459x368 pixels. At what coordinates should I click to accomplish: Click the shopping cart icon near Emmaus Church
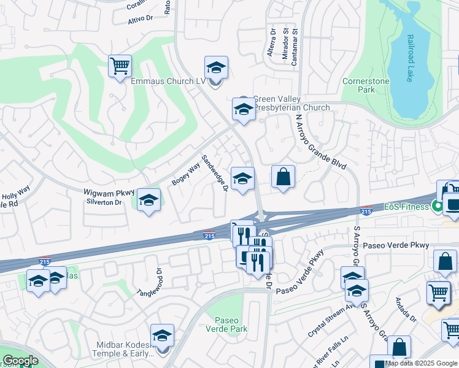point(120,66)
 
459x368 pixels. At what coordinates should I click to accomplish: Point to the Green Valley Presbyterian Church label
point(291,103)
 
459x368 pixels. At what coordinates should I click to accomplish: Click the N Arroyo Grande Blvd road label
point(320,142)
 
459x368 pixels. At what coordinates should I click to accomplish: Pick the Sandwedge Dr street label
point(215,172)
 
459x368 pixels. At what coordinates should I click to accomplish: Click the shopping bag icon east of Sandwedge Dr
point(283,177)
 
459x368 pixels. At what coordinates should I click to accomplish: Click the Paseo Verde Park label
point(231,324)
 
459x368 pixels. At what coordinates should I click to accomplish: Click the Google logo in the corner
point(20,361)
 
